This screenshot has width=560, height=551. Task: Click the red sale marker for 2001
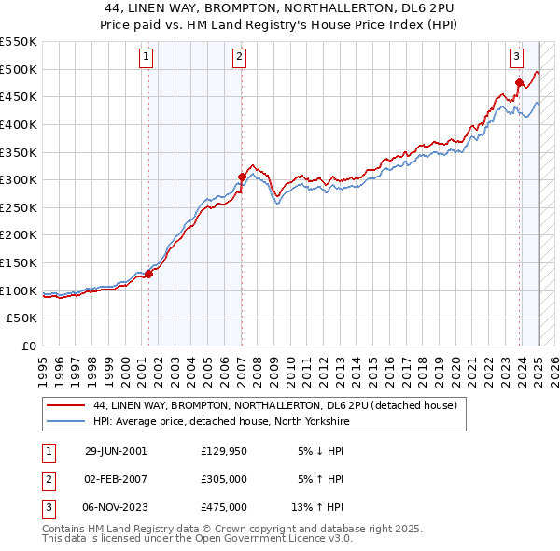[148, 274]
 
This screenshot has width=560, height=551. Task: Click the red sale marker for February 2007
[242, 177]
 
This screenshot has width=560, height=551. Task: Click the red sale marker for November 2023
[519, 82]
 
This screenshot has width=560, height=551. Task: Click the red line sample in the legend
[67, 405]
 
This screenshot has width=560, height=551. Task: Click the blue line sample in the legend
[67, 422]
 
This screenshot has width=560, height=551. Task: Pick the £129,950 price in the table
[223, 451]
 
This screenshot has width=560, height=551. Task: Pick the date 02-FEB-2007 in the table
[116, 479]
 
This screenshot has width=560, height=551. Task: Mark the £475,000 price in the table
[223, 507]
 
